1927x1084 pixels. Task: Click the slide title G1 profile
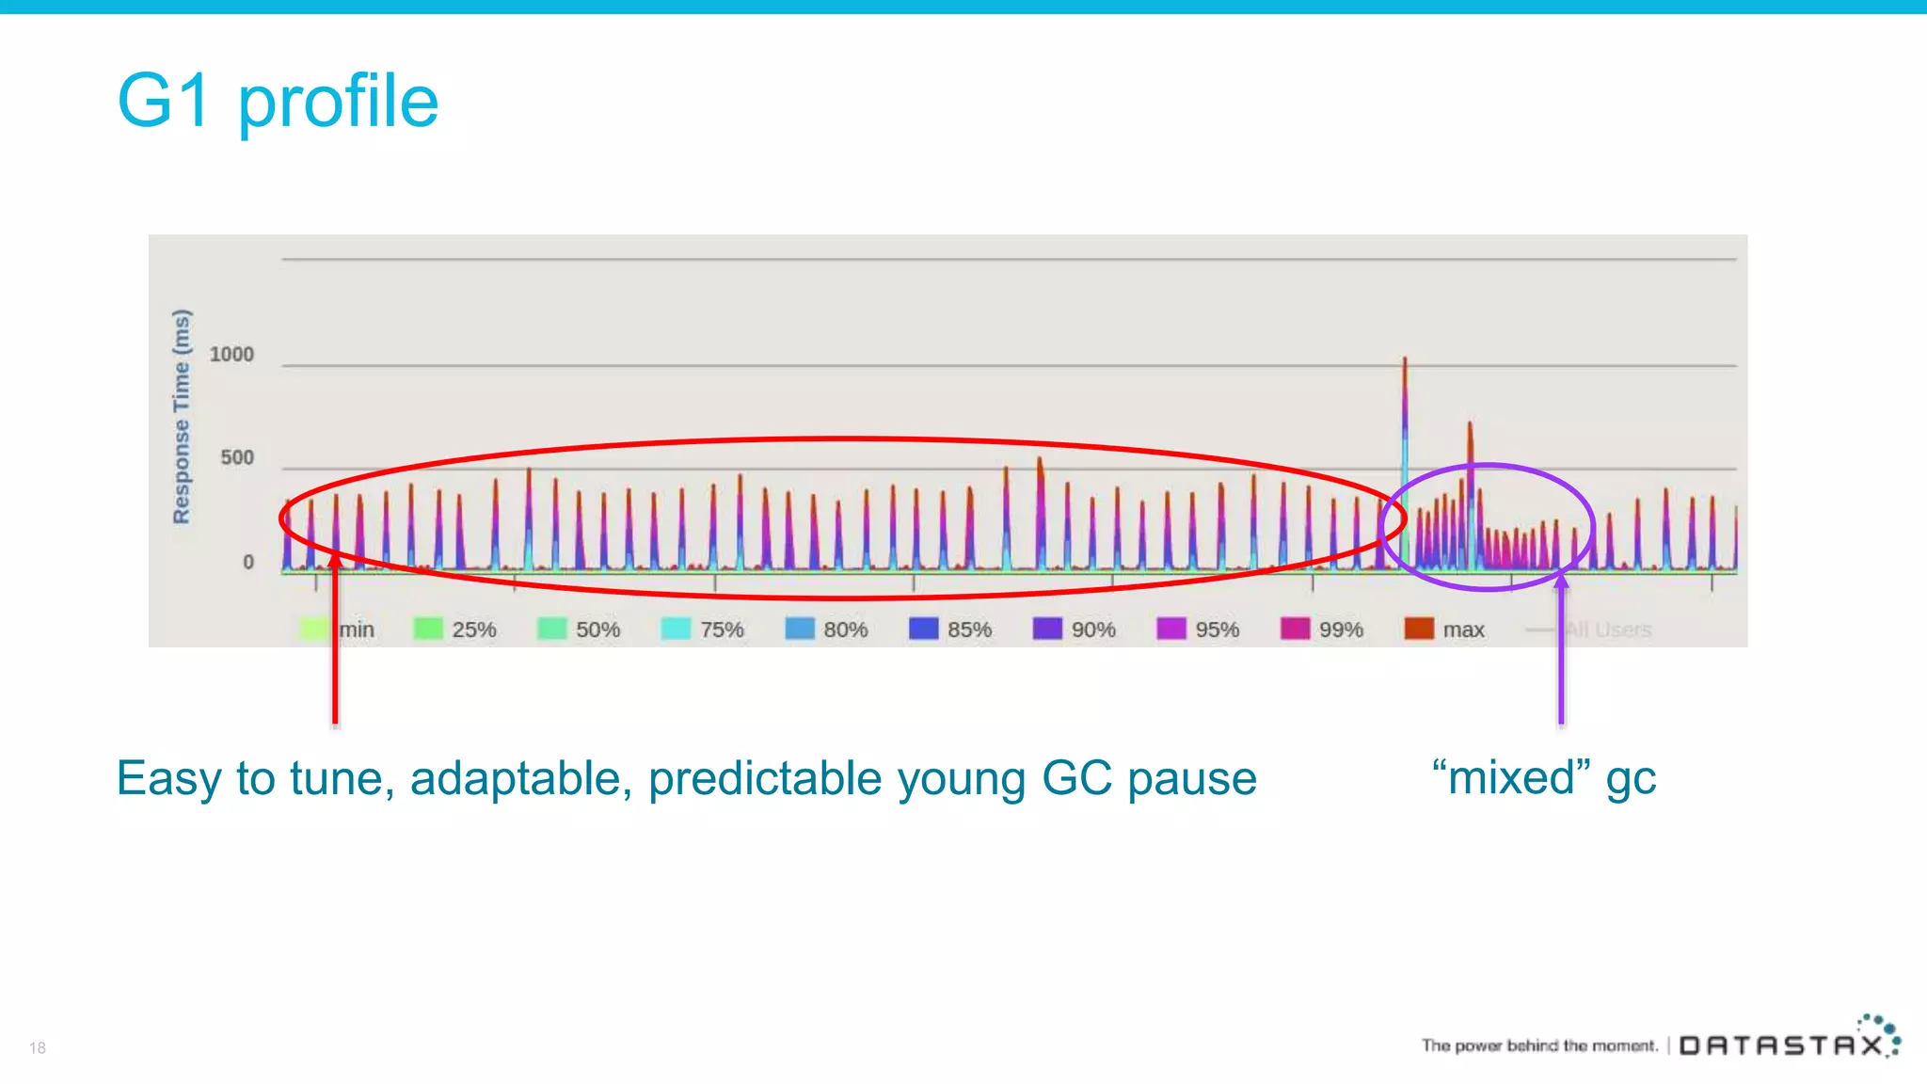click(278, 101)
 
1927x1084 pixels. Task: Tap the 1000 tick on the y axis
click(231, 355)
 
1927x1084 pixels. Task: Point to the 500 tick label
click(237, 458)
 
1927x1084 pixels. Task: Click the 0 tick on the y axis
click(248, 563)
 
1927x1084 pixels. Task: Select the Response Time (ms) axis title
click(182, 417)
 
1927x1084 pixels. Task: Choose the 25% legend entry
click(455, 629)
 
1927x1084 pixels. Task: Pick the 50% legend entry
click(579, 629)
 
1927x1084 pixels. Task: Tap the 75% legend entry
click(703, 629)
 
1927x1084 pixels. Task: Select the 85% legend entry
click(950, 629)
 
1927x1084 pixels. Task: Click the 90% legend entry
click(1075, 629)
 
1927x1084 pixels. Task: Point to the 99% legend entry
click(1322, 629)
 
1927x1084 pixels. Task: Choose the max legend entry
click(1444, 629)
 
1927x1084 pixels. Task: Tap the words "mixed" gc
click(1543, 778)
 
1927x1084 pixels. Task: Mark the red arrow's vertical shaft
click(335, 659)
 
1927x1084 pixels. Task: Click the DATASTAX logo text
click(1781, 1045)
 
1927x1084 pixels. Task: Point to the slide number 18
click(38, 1047)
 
